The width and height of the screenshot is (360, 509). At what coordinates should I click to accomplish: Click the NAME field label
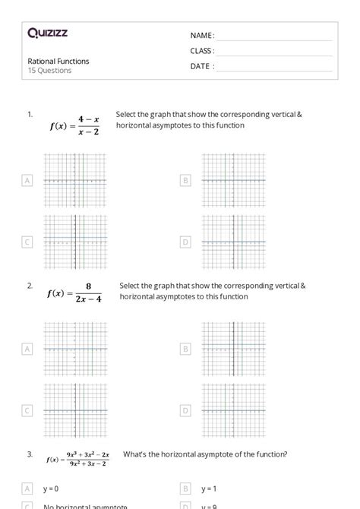click(x=202, y=36)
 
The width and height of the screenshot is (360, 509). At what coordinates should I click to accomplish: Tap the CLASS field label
click(x=202, y=51)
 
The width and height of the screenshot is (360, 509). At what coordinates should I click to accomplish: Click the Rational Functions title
click(x=58, y=61)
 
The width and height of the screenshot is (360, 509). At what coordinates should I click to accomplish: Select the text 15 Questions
click(x=49, y=71)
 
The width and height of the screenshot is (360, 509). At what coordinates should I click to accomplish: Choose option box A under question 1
click(x=27, y=180)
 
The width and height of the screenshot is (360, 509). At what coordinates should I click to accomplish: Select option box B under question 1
click(x=185, y=180)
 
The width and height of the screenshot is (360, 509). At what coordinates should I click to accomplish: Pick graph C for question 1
click(x=75, y=242)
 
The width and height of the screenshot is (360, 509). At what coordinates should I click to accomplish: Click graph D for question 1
click(x=233, y=242)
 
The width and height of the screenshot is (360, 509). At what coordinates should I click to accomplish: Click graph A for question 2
click(x=75, y=349)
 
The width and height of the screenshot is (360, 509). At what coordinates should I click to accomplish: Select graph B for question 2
click(x=233, y=349)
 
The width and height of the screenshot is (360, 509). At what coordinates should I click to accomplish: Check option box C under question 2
click(x=27, y=410)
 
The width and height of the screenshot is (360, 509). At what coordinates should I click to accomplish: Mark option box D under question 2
click(x=185, y=410)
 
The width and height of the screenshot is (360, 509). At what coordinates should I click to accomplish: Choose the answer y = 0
click(x=52, y=488)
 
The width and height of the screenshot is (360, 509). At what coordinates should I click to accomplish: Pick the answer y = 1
click(x=209, y=488)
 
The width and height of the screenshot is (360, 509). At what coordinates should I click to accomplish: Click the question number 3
click(x=30, y=454)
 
